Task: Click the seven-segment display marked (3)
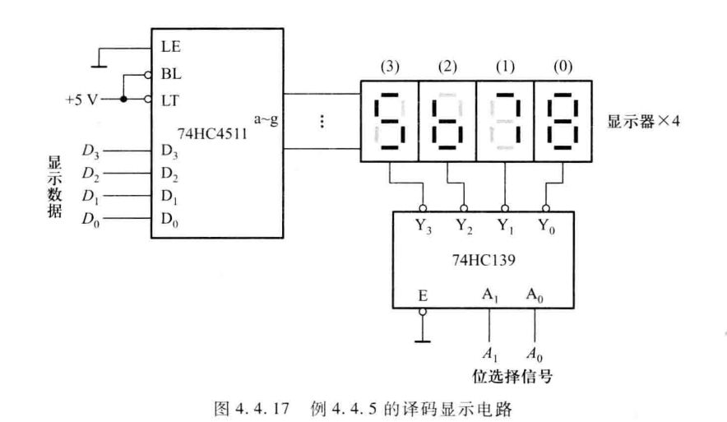pyautogui.click(x=389, y=124)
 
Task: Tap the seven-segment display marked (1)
pyautogui.click(x=505, y=124)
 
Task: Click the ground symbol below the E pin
pyautogui.click(x=424, y=338)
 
